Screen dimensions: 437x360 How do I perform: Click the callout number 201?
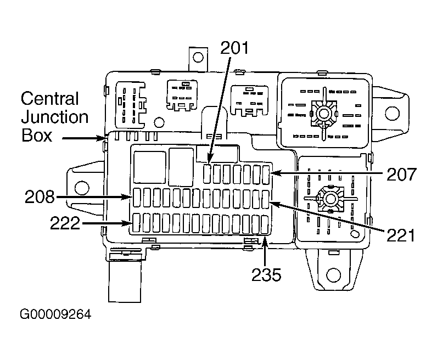234,48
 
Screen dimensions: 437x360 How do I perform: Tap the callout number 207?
401,174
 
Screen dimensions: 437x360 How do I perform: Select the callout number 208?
40,196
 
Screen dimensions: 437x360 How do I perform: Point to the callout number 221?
400,235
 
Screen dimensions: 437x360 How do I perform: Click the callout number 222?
65,223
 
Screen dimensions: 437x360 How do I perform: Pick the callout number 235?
266,275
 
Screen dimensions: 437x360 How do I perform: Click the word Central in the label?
49,98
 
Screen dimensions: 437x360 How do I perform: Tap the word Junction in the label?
55,117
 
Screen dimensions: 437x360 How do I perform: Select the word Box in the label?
37,135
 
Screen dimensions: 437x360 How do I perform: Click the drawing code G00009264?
55,314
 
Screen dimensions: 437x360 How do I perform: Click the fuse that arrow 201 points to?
207,174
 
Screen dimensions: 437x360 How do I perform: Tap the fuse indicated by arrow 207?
266,175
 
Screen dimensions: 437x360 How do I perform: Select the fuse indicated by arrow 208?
137,198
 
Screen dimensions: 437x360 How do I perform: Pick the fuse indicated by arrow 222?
136,223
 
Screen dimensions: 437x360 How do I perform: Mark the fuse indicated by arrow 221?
266,199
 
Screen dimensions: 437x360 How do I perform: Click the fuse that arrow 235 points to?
265,224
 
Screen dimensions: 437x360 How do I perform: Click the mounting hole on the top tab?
198,58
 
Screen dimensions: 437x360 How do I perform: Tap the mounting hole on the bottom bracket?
333,275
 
